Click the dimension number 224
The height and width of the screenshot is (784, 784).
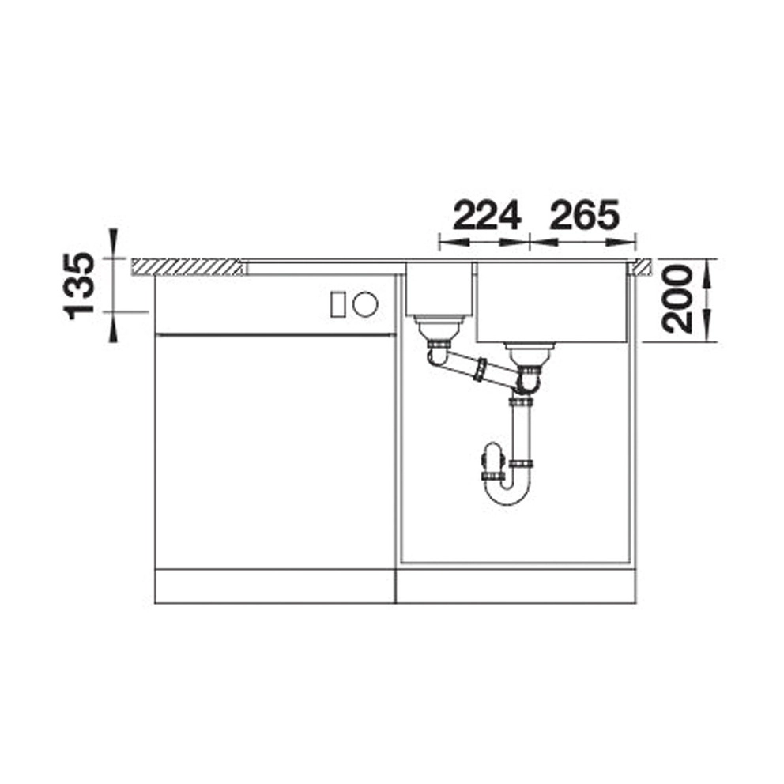488,216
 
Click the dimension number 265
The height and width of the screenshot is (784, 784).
585,216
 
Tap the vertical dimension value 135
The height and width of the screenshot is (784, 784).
80,286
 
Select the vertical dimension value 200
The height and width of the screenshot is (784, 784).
677,300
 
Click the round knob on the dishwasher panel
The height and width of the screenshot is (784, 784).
365,304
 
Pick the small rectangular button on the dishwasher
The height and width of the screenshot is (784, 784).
337,304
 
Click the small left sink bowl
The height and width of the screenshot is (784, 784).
439,288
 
